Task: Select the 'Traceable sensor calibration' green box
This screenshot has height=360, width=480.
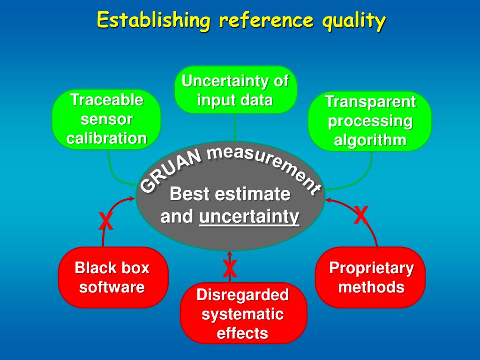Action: (106, 119)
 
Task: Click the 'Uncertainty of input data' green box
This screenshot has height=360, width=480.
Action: (235, 90)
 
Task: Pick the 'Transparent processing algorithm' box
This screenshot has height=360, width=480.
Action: (370, 121)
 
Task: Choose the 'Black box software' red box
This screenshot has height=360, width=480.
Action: (112, 277)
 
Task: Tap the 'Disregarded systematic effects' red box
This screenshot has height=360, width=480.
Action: (243, 314)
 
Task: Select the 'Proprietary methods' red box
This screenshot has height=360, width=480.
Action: (371, 277)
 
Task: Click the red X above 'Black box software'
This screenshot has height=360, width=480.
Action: (106, 221)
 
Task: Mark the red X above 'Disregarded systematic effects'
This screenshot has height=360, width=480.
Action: (229, 269)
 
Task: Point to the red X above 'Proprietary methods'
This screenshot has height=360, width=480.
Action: (360, 215)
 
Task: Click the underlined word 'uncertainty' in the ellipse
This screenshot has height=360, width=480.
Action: (249, 217)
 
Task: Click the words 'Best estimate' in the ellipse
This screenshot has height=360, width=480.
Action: (230, 194)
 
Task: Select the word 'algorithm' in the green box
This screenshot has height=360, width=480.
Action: (370, 140)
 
